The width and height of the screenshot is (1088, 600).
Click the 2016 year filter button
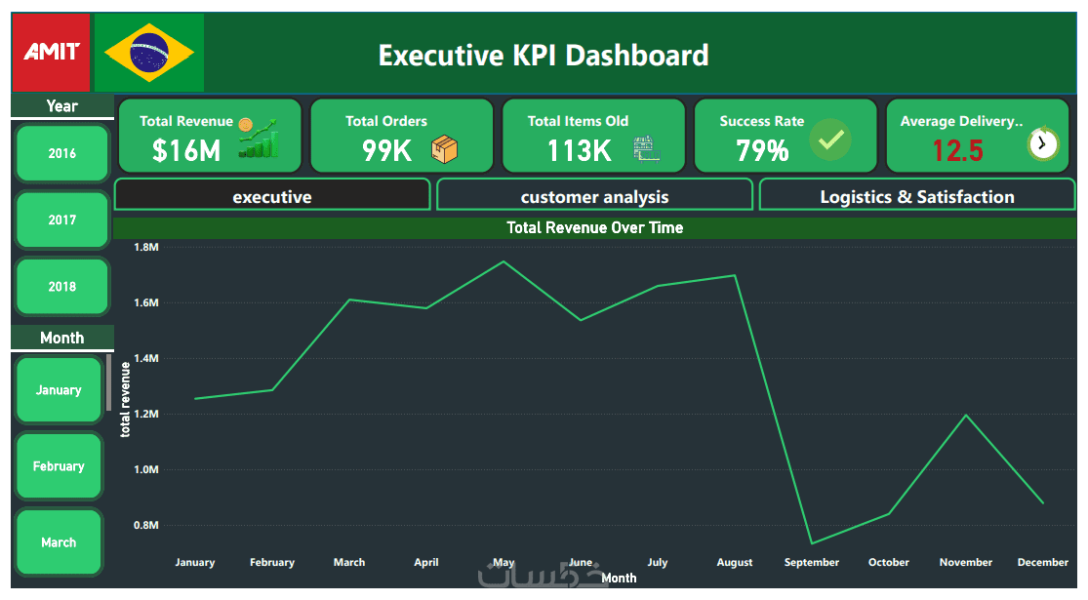coord(62,153)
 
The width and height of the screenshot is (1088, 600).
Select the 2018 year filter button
coord(62,287)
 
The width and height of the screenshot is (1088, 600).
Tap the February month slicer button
coord(59,466)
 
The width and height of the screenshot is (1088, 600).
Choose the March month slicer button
coord(59,542)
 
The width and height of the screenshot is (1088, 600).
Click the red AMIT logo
coord(51,52)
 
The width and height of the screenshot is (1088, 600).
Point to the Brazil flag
coord(149,53)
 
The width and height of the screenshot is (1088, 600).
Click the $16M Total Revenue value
coord(186,150)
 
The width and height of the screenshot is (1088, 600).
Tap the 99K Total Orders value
coord(386,150)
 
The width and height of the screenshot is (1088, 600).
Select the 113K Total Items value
coord(579,150)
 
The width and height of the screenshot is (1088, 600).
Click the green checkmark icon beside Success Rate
coord(830,140)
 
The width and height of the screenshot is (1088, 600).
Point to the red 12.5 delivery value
coord(957,150)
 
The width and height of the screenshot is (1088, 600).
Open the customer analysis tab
coord(594,196)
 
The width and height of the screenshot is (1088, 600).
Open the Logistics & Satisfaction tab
coord(916,196)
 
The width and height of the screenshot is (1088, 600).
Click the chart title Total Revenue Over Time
coord(594,227)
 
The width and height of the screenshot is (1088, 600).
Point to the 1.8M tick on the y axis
coord(145,248)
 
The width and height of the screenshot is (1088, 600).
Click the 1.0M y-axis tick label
coord(145,469)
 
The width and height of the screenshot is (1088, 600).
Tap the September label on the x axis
coord(811,562)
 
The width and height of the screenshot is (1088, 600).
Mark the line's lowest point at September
coord(812,543)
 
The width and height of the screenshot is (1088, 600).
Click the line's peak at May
coord(504,261)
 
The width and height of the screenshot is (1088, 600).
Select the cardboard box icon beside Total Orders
coord(445,149)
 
